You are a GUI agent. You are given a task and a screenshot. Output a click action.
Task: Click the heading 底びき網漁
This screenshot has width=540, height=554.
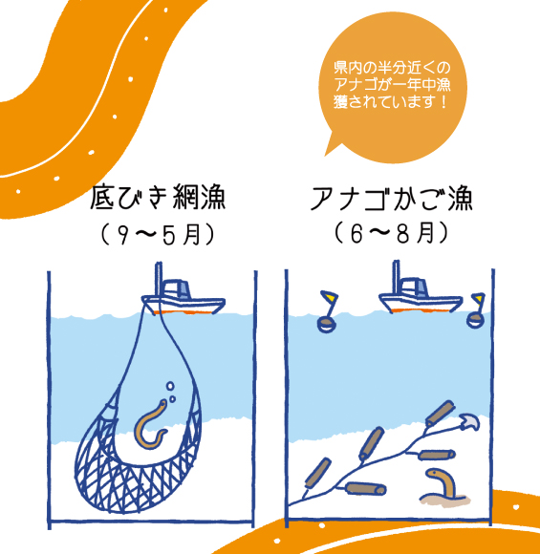pyautogui.click(x=158, y=198)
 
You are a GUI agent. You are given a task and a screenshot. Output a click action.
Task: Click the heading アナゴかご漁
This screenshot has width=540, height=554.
pyautogui.click(x=392, y=199)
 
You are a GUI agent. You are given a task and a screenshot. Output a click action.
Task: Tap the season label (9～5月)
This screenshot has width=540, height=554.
pyautogui.click(x=158, y=234)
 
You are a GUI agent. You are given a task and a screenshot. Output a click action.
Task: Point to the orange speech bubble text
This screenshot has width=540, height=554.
pyautogui.click(x=392, y=85)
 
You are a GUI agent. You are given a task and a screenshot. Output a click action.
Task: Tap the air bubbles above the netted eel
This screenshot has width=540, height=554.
pyautogui.click(x=171, y=392)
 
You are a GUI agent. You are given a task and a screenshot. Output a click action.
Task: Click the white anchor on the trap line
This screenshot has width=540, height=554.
pyautogui.click(x=469, y=421)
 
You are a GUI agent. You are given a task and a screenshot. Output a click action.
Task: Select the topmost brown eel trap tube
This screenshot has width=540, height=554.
pyautogui.click(x=440, y=413)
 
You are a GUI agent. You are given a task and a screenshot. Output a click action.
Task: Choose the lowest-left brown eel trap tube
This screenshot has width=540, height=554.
pyautogui.click(x=318, y=473)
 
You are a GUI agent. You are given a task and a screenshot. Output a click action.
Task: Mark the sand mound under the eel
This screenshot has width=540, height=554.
pyautogui.click(x=445, y=501)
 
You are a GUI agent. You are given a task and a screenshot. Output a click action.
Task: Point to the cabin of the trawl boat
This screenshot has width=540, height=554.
pyautogui.click(x=177, y=290)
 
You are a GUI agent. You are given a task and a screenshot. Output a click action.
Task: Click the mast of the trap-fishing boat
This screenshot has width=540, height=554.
pyautogui.click(x=397, y=278)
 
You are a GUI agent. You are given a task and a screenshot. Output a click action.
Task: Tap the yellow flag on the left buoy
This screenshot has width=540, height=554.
pyautogui.click(x=330, y=296)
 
